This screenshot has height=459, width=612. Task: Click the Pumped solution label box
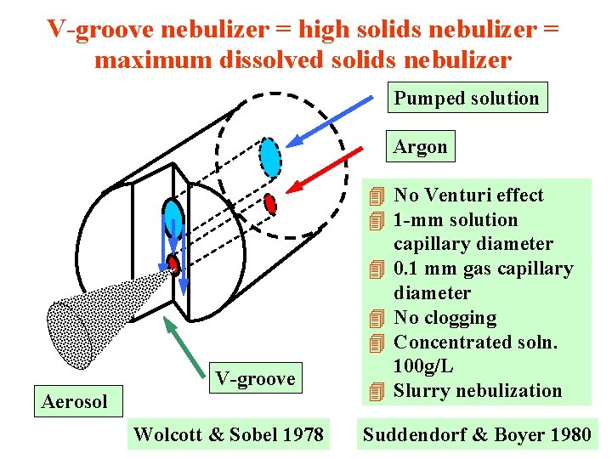[466, 99]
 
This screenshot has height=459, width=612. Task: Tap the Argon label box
[420, 146]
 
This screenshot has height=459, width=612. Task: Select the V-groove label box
[255, 378]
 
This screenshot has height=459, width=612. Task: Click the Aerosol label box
[75, 401]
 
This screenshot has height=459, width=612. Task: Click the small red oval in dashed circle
[270, 204]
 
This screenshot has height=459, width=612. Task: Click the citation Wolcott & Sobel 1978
[228, 435]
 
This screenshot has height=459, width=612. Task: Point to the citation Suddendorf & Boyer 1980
[477, 435]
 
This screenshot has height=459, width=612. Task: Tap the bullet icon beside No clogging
[377, 319]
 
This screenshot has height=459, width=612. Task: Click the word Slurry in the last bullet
[422, 391]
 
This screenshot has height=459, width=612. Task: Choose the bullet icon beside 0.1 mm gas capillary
[377, 269]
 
